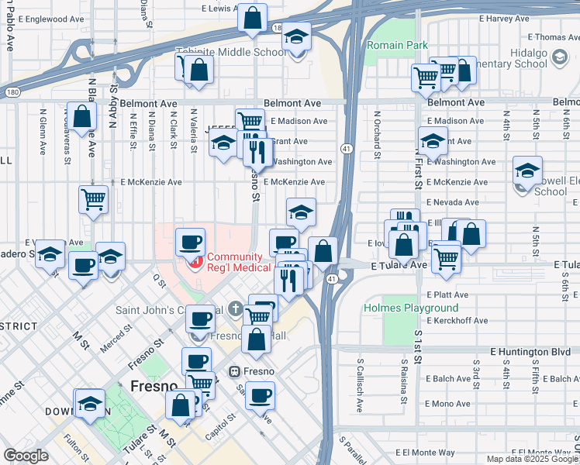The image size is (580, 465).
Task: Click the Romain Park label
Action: tap(397, 46)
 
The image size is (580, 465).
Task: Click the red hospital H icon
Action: tap(196, 263)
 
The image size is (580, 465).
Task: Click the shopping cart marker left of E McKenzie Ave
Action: tap(93, 198)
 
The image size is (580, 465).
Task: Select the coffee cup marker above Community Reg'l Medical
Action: tap(191, 242)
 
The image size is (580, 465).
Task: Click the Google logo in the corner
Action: tap(26, 456)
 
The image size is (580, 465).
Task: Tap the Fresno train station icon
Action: tap(233, 371)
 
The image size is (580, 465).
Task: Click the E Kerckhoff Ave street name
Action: tap(457, 320)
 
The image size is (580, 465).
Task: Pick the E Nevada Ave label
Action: tap(452, 201)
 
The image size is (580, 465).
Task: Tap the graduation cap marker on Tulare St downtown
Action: tap(91, 403)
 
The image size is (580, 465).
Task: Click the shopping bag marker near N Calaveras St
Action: tap(82, 116)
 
